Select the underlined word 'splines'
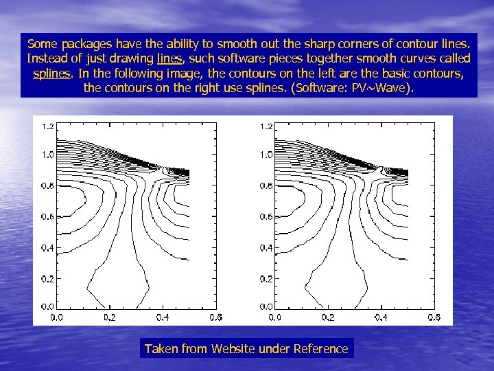pos(54,73)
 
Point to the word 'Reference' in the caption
pos(320,348)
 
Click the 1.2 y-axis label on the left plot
pos(48,127)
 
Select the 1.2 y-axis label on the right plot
pos(266,127)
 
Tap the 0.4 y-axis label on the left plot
pos(48,247)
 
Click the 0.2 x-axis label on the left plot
pos(110,317)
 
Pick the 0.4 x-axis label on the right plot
pos(381,317)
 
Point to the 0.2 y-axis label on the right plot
pos(266,279)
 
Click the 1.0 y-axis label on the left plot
pos(48,155)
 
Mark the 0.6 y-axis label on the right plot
pos(266,216)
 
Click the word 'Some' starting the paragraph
pos(43,43)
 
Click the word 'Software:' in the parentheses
pos(334,88)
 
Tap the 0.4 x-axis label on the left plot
pos(163,317)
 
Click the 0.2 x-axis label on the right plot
pos(328,317)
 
